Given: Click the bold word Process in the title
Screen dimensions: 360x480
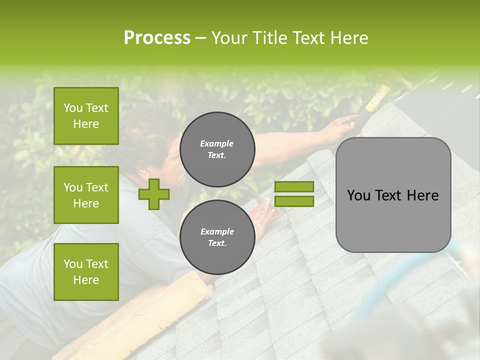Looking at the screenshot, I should click(x=157, y=37).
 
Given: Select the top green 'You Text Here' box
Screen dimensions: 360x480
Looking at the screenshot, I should click(x=86, y=116).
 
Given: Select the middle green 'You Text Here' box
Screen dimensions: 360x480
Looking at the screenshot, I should click(x=86, y=195).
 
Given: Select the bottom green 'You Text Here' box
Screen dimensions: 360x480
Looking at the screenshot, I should click(x=86, y=271).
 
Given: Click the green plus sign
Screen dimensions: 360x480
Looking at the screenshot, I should click(x=154, y=194).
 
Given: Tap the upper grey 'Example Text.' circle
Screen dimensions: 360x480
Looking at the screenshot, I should click(x=217, y=149).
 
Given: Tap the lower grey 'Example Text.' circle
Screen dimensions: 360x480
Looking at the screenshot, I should click(x=217, y=237).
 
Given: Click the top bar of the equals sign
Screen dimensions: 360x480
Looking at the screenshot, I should click(x=294, y=186).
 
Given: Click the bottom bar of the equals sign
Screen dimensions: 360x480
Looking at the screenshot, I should click(x=294, y=201).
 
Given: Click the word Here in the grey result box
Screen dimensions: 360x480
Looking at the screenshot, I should click(x=422, y=195).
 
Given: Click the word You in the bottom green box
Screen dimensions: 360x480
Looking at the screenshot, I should click(x=72, y=263).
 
